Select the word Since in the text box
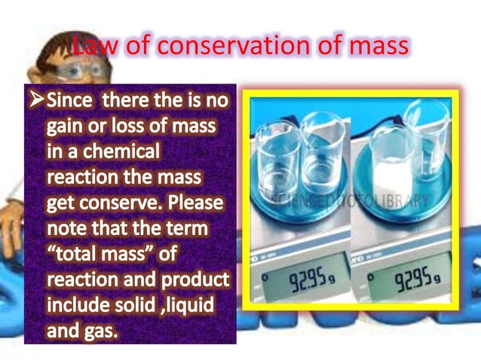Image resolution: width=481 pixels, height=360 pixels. [70, 99]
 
